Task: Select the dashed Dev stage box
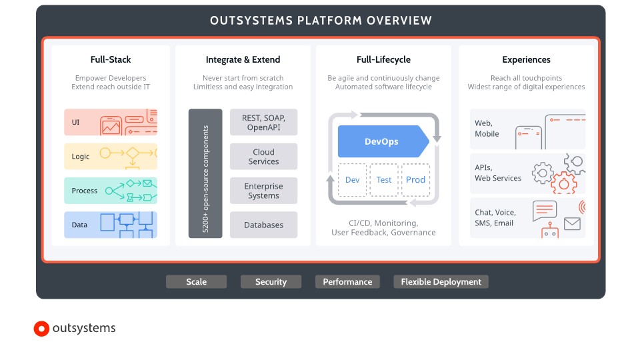point(352,180)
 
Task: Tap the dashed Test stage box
point(384,180)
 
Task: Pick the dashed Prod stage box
point(415,180)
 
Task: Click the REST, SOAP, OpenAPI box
point(264,122)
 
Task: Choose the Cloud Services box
point(264,156)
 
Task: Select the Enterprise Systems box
point(264,191)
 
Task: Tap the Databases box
point(264,225)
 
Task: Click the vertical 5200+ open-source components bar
point(205,173)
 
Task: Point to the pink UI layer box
point(111,122)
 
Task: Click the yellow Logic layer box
point(111,156)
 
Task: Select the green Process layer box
point(111,191)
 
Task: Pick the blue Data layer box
point(111,225)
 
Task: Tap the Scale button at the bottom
point(196,281)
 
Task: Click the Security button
point(271,281)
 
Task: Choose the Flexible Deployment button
point(441,281)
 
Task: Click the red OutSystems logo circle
point(41,329)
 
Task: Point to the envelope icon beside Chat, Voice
point(572,224)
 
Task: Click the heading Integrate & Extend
point(243,59)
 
